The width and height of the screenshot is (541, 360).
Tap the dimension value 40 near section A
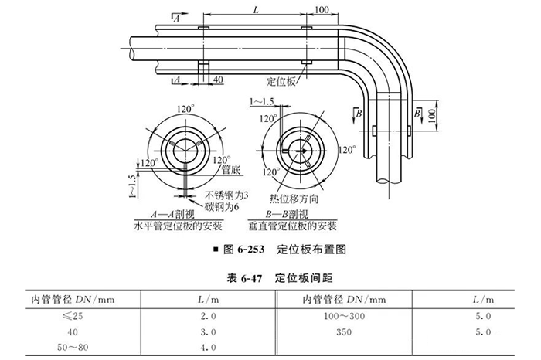(x=218, y=79)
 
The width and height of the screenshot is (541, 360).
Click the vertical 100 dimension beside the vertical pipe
(x=432, y=115)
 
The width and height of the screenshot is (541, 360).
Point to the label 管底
(x=230, y=168)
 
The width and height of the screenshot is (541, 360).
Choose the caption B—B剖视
(x=291, y=215)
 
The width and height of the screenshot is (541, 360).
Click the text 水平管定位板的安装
(x=179, y=227)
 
